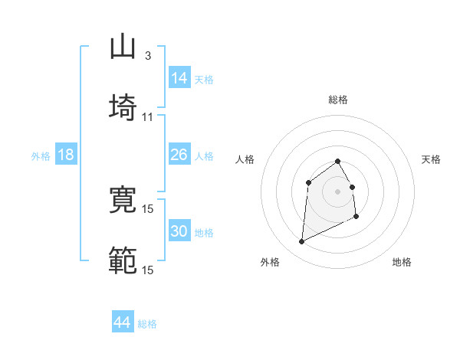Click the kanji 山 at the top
tap(123, 47)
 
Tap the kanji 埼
tap(123, 108)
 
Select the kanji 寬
tap(123, 200)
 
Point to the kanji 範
tap(123, 260)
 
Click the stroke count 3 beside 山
tap(148, 56)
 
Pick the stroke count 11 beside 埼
tap(148, 116)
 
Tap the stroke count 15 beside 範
tap(148, 270)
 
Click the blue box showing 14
tap(179, 78)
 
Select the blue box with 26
tap(179, 155)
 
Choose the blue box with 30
tap(179, 231)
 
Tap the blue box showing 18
tap(66, 155)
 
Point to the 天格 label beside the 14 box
tap(204, 80)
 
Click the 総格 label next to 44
tap(147, 324)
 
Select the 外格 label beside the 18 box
tap(41, 156)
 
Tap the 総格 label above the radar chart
tap(337, 100)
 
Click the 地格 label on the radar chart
tap(402, 262)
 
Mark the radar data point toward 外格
tap(302, 242)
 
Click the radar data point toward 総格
tap(337, 161)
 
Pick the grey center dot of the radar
tap(337, 191)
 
